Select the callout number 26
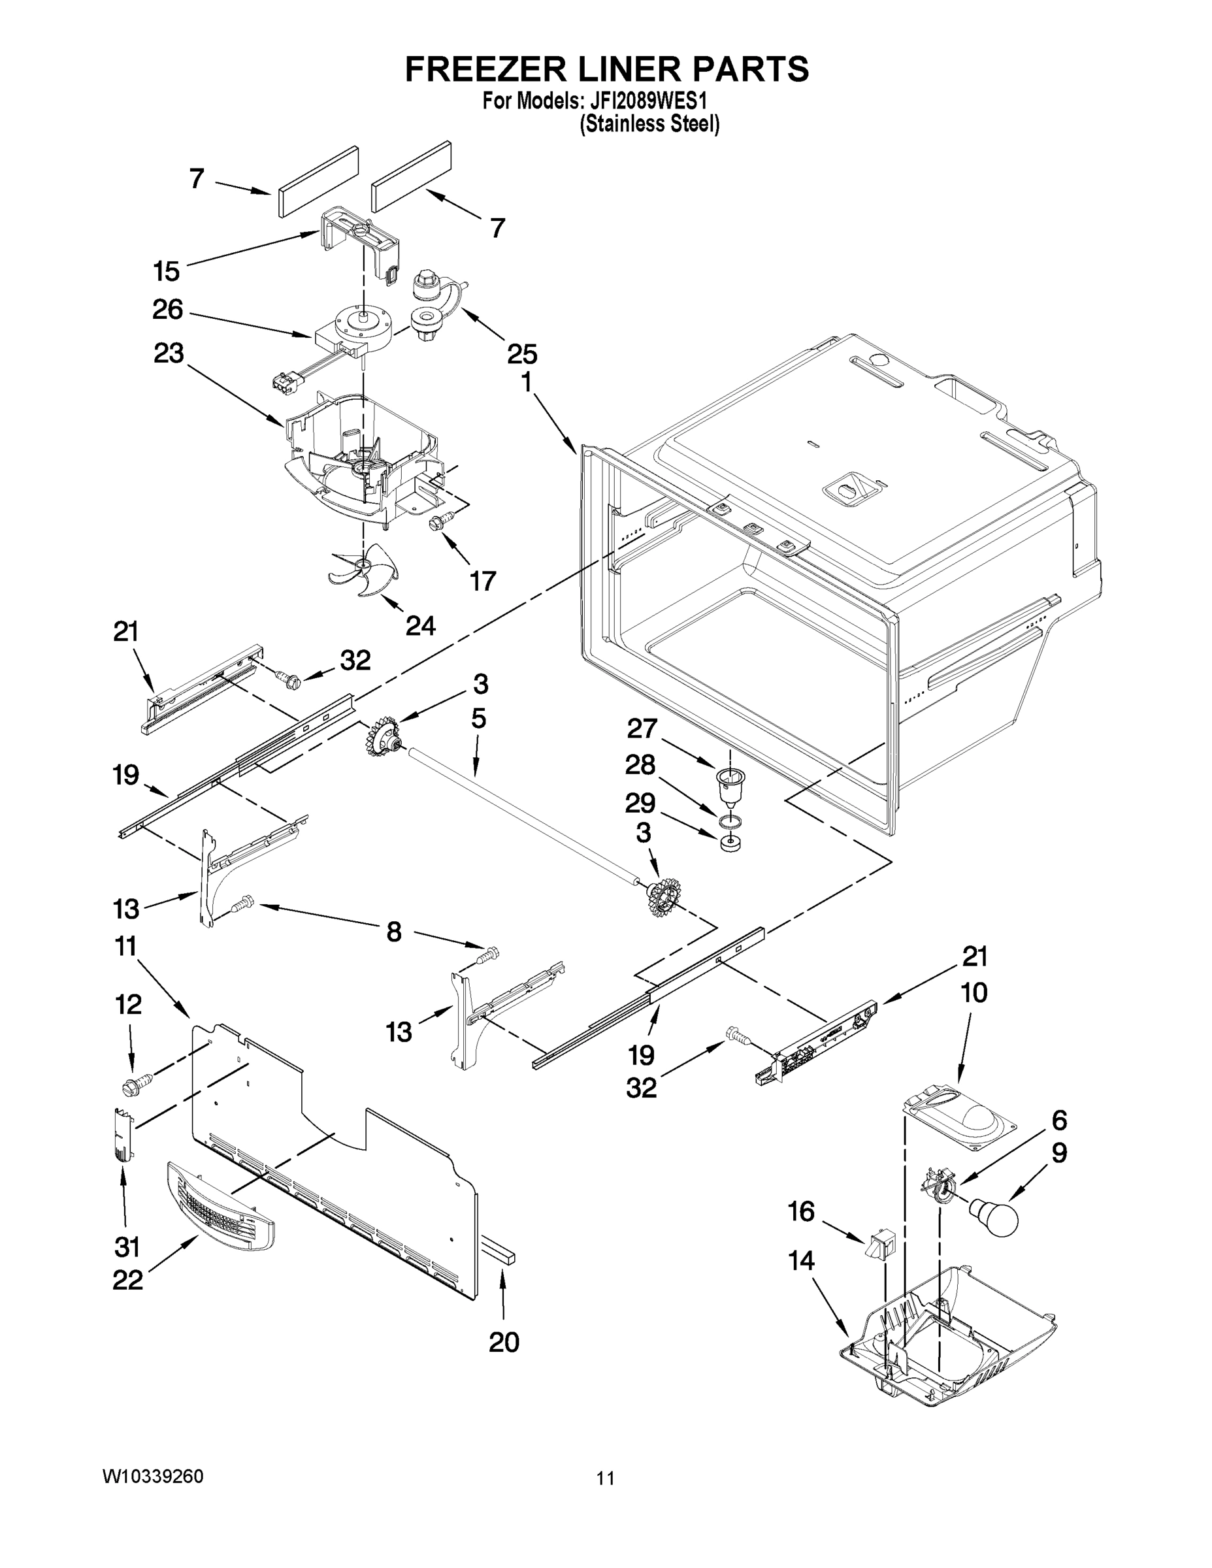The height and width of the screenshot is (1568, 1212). click(x=168, y=310)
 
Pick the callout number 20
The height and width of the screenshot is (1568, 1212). click(x=503, y=1342)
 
